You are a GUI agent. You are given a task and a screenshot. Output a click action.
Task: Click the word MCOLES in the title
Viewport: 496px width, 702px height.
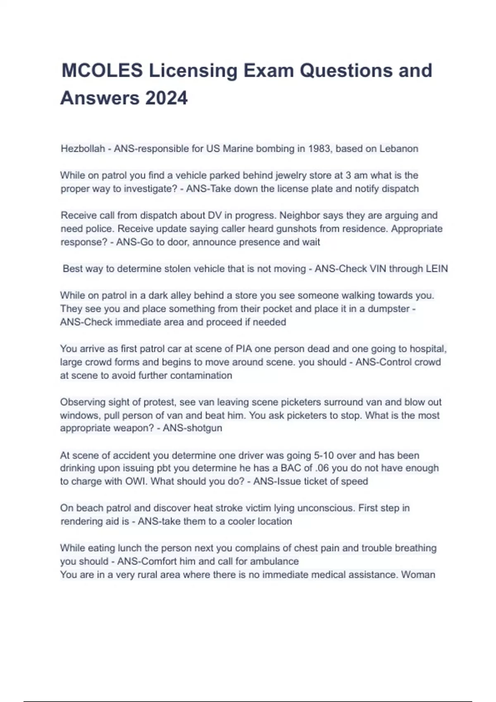pos(102,71)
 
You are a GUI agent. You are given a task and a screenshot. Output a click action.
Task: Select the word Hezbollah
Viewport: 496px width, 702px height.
pos(83,149)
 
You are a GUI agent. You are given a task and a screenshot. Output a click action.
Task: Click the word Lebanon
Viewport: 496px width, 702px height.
pos(398,149)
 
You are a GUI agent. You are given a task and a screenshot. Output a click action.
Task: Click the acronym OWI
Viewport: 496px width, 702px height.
pos(136,481)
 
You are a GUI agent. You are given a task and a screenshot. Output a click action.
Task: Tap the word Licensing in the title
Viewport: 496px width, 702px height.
pos(193,71)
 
